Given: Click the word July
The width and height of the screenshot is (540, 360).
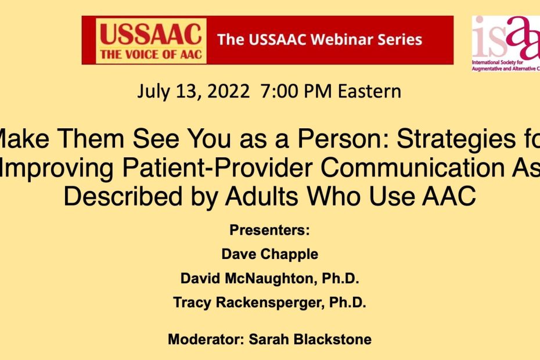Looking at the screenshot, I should (x=153, y=92).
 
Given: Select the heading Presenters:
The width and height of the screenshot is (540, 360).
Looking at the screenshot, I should (x=269, y=231).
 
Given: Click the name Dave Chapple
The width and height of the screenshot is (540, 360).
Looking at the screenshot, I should (x=270, y=254).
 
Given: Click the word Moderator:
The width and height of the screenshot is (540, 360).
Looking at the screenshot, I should (x=206, y=339).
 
